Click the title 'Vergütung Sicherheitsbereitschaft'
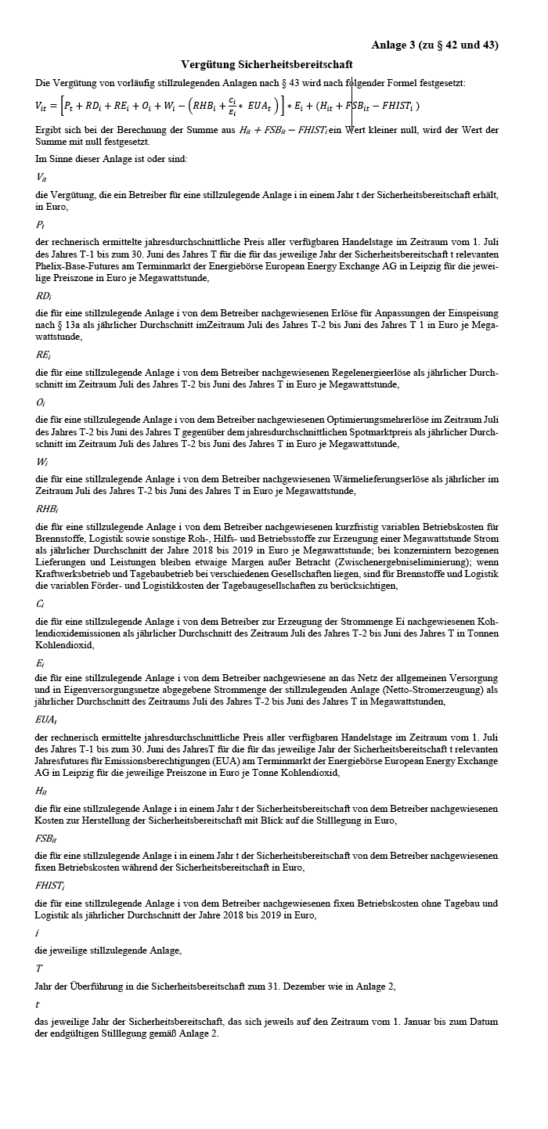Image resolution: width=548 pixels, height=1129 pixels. tap(266, 64)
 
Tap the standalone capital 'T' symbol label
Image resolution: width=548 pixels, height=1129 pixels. tap(39, 968)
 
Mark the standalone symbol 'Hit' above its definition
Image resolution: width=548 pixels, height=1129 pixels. tap(41, 791)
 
